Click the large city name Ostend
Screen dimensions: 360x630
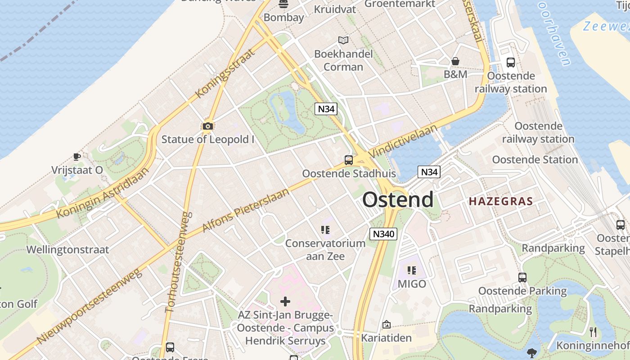click(398, 200)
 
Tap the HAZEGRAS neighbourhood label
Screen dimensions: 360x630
click(501, 201)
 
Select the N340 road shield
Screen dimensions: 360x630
click(383, 234)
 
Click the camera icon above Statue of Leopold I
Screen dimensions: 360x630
click(207, 126)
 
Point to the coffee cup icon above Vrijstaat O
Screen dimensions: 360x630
click(77, 157)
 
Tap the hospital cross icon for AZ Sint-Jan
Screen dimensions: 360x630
click(285, 301)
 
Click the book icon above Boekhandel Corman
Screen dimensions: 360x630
click(343, 40)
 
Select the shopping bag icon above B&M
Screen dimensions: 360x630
click(455, 61)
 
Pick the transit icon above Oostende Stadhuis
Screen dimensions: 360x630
click(349, 160)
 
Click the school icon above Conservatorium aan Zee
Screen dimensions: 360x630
click(325, 230)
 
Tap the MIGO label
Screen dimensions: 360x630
click(411, 284)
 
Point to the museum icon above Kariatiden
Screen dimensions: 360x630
click(386, 324)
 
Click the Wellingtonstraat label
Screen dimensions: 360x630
click(68, 250)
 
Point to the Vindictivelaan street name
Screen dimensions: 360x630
click(403, 140)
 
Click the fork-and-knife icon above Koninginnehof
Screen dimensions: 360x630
click(593, 332)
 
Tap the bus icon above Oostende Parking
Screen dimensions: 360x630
click(522, 278)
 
